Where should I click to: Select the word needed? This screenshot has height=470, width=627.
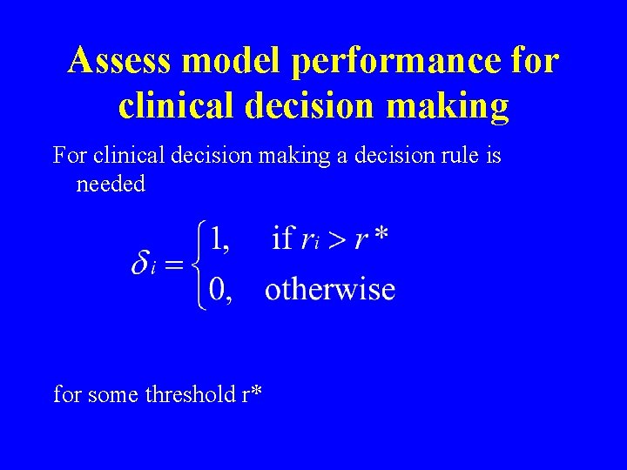(111, 185)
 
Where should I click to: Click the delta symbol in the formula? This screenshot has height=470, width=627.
(142, 264)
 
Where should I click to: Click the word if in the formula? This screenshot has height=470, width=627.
(282, 237)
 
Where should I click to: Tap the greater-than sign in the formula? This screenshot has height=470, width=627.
(335, 239)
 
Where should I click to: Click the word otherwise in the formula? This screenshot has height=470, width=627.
(330, 289)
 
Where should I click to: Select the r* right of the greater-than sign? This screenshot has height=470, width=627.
(370, 238)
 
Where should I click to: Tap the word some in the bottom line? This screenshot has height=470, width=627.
(111, 394)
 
